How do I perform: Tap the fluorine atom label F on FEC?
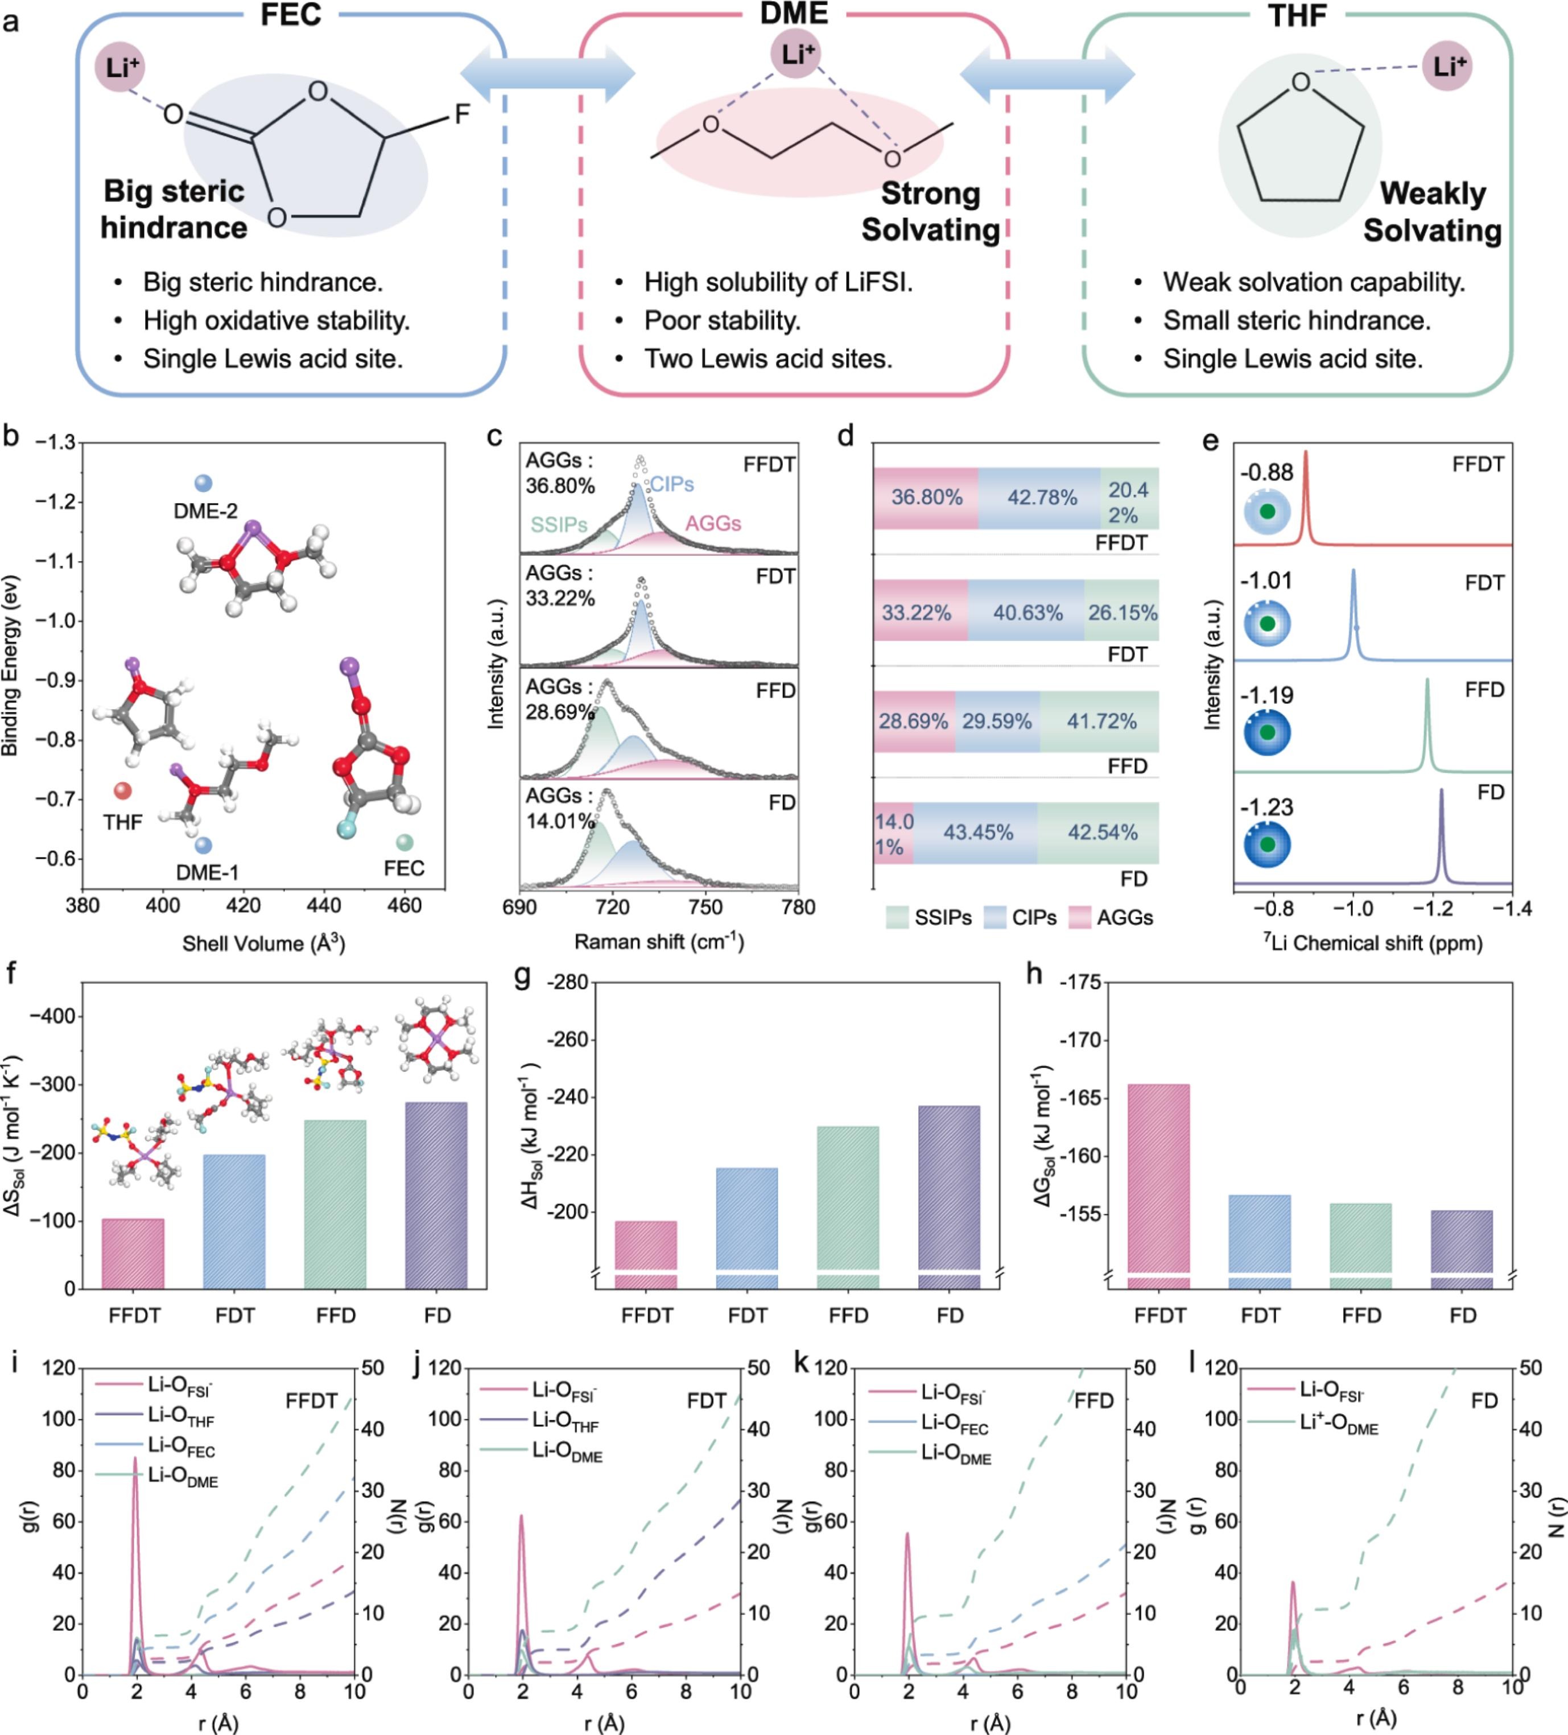pyautogui.click(x=461, y=114)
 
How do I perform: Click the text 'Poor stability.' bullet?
pyautogui.click(x=722, y=320)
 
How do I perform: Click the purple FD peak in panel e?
pyautogui.click(x=1442, y=836)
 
